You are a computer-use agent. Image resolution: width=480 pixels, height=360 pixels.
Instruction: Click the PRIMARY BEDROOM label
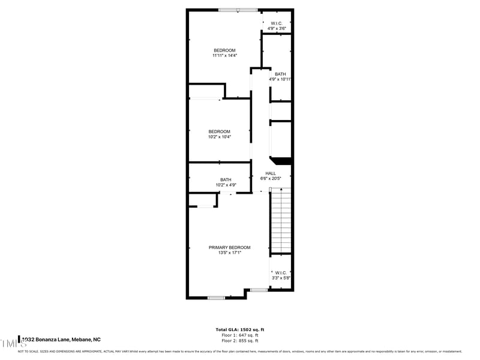tap(229, 247)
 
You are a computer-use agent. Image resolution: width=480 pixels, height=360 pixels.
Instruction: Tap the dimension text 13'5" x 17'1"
tap(229, 253)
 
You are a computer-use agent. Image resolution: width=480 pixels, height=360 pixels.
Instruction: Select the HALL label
tap(271, 173)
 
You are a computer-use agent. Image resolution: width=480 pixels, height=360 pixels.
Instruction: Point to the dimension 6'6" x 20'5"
tap(271, 178)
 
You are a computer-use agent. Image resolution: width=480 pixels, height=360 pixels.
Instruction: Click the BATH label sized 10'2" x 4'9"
tap(226, 179)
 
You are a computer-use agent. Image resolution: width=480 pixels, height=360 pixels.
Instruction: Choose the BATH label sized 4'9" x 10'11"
tap(280, 74)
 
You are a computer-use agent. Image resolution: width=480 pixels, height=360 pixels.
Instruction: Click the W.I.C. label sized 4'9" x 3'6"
tap(277, 23)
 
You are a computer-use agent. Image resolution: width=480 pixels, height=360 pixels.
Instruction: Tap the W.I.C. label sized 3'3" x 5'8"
tap(281, 272)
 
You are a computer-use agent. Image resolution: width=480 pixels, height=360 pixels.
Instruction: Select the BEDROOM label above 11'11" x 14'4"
tap(224, 50)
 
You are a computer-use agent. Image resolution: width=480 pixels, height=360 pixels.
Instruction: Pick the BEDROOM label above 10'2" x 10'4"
tap(219, 131)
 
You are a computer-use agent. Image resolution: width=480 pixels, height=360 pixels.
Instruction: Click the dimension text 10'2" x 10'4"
tap(219, 137)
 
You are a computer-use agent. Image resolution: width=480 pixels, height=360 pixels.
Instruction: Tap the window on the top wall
tap(238, 10)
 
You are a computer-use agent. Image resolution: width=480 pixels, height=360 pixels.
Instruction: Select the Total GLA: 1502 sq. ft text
tap(240, 329)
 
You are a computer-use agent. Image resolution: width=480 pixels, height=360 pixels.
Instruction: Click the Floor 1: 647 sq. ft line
tap(240, 335)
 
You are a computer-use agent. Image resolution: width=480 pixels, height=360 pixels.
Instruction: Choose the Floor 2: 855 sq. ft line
tap(240, 340)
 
